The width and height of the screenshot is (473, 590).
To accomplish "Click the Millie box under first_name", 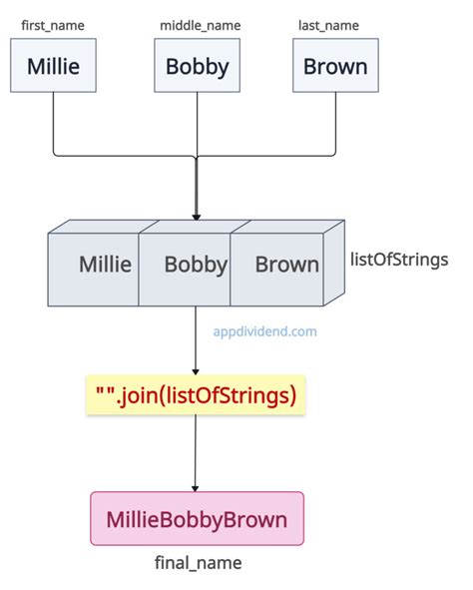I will tap(53, 68).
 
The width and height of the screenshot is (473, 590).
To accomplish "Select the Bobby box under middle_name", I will tap(197, 68).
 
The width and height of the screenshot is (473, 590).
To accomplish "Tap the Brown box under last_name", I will tap(336, 68).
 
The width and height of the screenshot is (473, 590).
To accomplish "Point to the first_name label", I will tap(53, 23).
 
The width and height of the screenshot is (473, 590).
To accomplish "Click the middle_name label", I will tap(198, 23).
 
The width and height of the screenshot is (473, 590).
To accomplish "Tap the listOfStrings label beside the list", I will tap(399, 260).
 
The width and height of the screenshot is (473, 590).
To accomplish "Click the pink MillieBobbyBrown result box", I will tap(197, 519).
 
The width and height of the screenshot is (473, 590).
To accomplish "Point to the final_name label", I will tap(197, 563).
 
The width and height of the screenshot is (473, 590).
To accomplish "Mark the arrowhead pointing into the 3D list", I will tap(197, 215).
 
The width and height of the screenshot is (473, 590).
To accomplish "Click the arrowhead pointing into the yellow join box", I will tap(197, 371).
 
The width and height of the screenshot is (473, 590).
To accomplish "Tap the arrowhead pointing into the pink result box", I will tap(197, 486).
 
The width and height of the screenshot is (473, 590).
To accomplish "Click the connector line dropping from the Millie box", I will tap(53, 125).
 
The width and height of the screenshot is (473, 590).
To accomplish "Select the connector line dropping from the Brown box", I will tap(336, 125).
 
